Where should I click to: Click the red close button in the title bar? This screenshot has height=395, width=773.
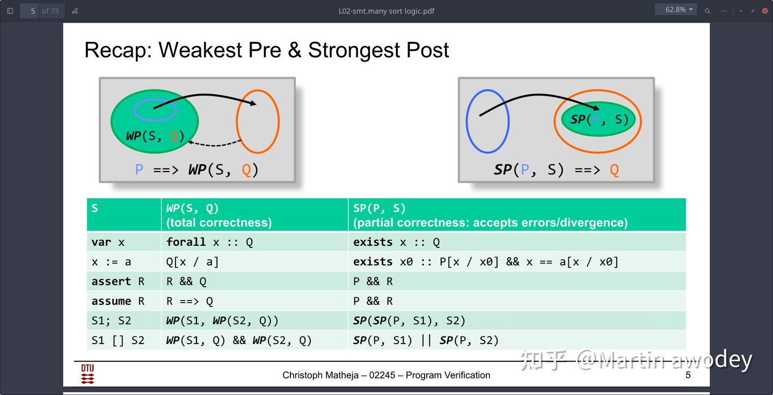[x=765, y=11]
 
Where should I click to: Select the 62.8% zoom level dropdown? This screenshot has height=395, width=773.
[x=676, y=10]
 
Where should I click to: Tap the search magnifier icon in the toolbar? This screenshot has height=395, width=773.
[x=707, y=11]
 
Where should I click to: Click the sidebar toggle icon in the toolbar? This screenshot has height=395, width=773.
[x=10, y=11]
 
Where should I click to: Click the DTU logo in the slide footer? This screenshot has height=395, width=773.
[x=87, y=374]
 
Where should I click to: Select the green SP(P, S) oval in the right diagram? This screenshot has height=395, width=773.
[x=598, y=119]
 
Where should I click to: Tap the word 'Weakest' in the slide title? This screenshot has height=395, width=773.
[x=200, y=50]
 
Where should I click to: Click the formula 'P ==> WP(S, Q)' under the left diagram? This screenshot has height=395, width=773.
[x=196, y=170]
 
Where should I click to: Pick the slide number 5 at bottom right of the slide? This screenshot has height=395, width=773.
[x=688, y=375]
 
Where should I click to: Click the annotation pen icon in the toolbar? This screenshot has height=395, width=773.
[x=75, y=11]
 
